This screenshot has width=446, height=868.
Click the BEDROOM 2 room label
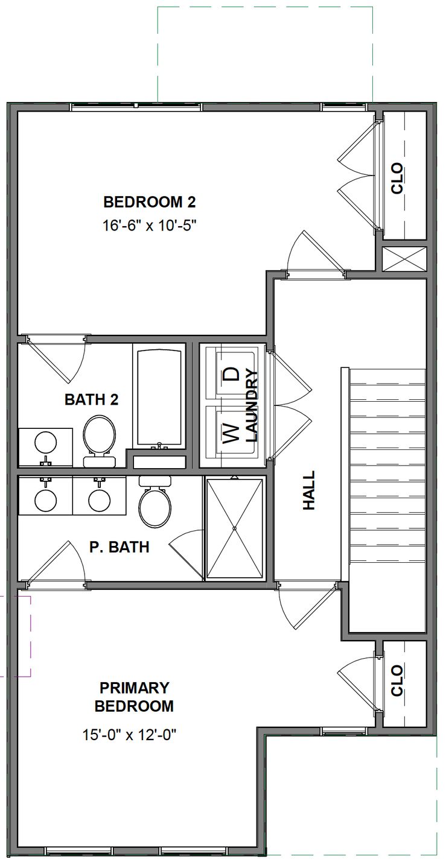pos(149,201)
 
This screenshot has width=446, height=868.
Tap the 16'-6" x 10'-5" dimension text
pos(149,226)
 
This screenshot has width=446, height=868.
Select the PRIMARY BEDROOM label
pos(134,697)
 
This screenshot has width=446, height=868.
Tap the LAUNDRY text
pos(252,405)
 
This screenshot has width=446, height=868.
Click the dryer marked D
pos(231,373)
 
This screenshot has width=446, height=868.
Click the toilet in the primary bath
pos(155,503)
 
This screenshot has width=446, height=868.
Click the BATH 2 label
pos(91,399)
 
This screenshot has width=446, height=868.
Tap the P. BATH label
pos(119,547)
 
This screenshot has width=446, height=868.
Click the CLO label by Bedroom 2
pos(397,179)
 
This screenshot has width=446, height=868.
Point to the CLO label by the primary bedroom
pos(397,681)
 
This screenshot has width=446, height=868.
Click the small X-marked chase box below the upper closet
pos(404,259)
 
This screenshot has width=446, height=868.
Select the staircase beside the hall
pos(387,464)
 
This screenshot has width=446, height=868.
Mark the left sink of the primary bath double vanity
pos(46,500)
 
